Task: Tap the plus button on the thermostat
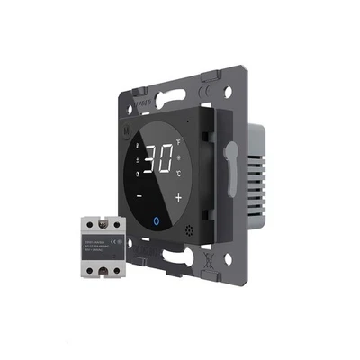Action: coord(179,197)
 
